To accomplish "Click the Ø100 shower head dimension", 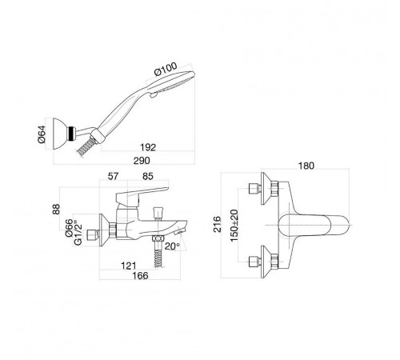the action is (166, 69).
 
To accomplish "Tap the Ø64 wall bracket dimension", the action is (42, 134).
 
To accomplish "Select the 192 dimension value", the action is (148, 147).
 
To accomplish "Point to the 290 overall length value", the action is (142, 161).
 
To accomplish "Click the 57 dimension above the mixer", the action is (113, 176).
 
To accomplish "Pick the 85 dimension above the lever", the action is (148, 176).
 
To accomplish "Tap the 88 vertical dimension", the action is (56, 209).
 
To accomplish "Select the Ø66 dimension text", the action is (69, 227).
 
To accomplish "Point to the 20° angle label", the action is (172, 246).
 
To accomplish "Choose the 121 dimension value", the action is (129, 266).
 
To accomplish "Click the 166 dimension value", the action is (140, 275).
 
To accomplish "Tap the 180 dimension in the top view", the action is (306, 166).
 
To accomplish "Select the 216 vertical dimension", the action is (218, 224).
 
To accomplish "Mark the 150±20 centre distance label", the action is (234, 226).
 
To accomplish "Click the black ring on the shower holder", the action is (71, 133).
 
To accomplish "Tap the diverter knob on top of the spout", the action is (157, 213).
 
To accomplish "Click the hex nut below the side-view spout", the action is (158, 238).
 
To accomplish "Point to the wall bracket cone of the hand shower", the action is (61, 134).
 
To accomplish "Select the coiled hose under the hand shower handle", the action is (86, 148).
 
